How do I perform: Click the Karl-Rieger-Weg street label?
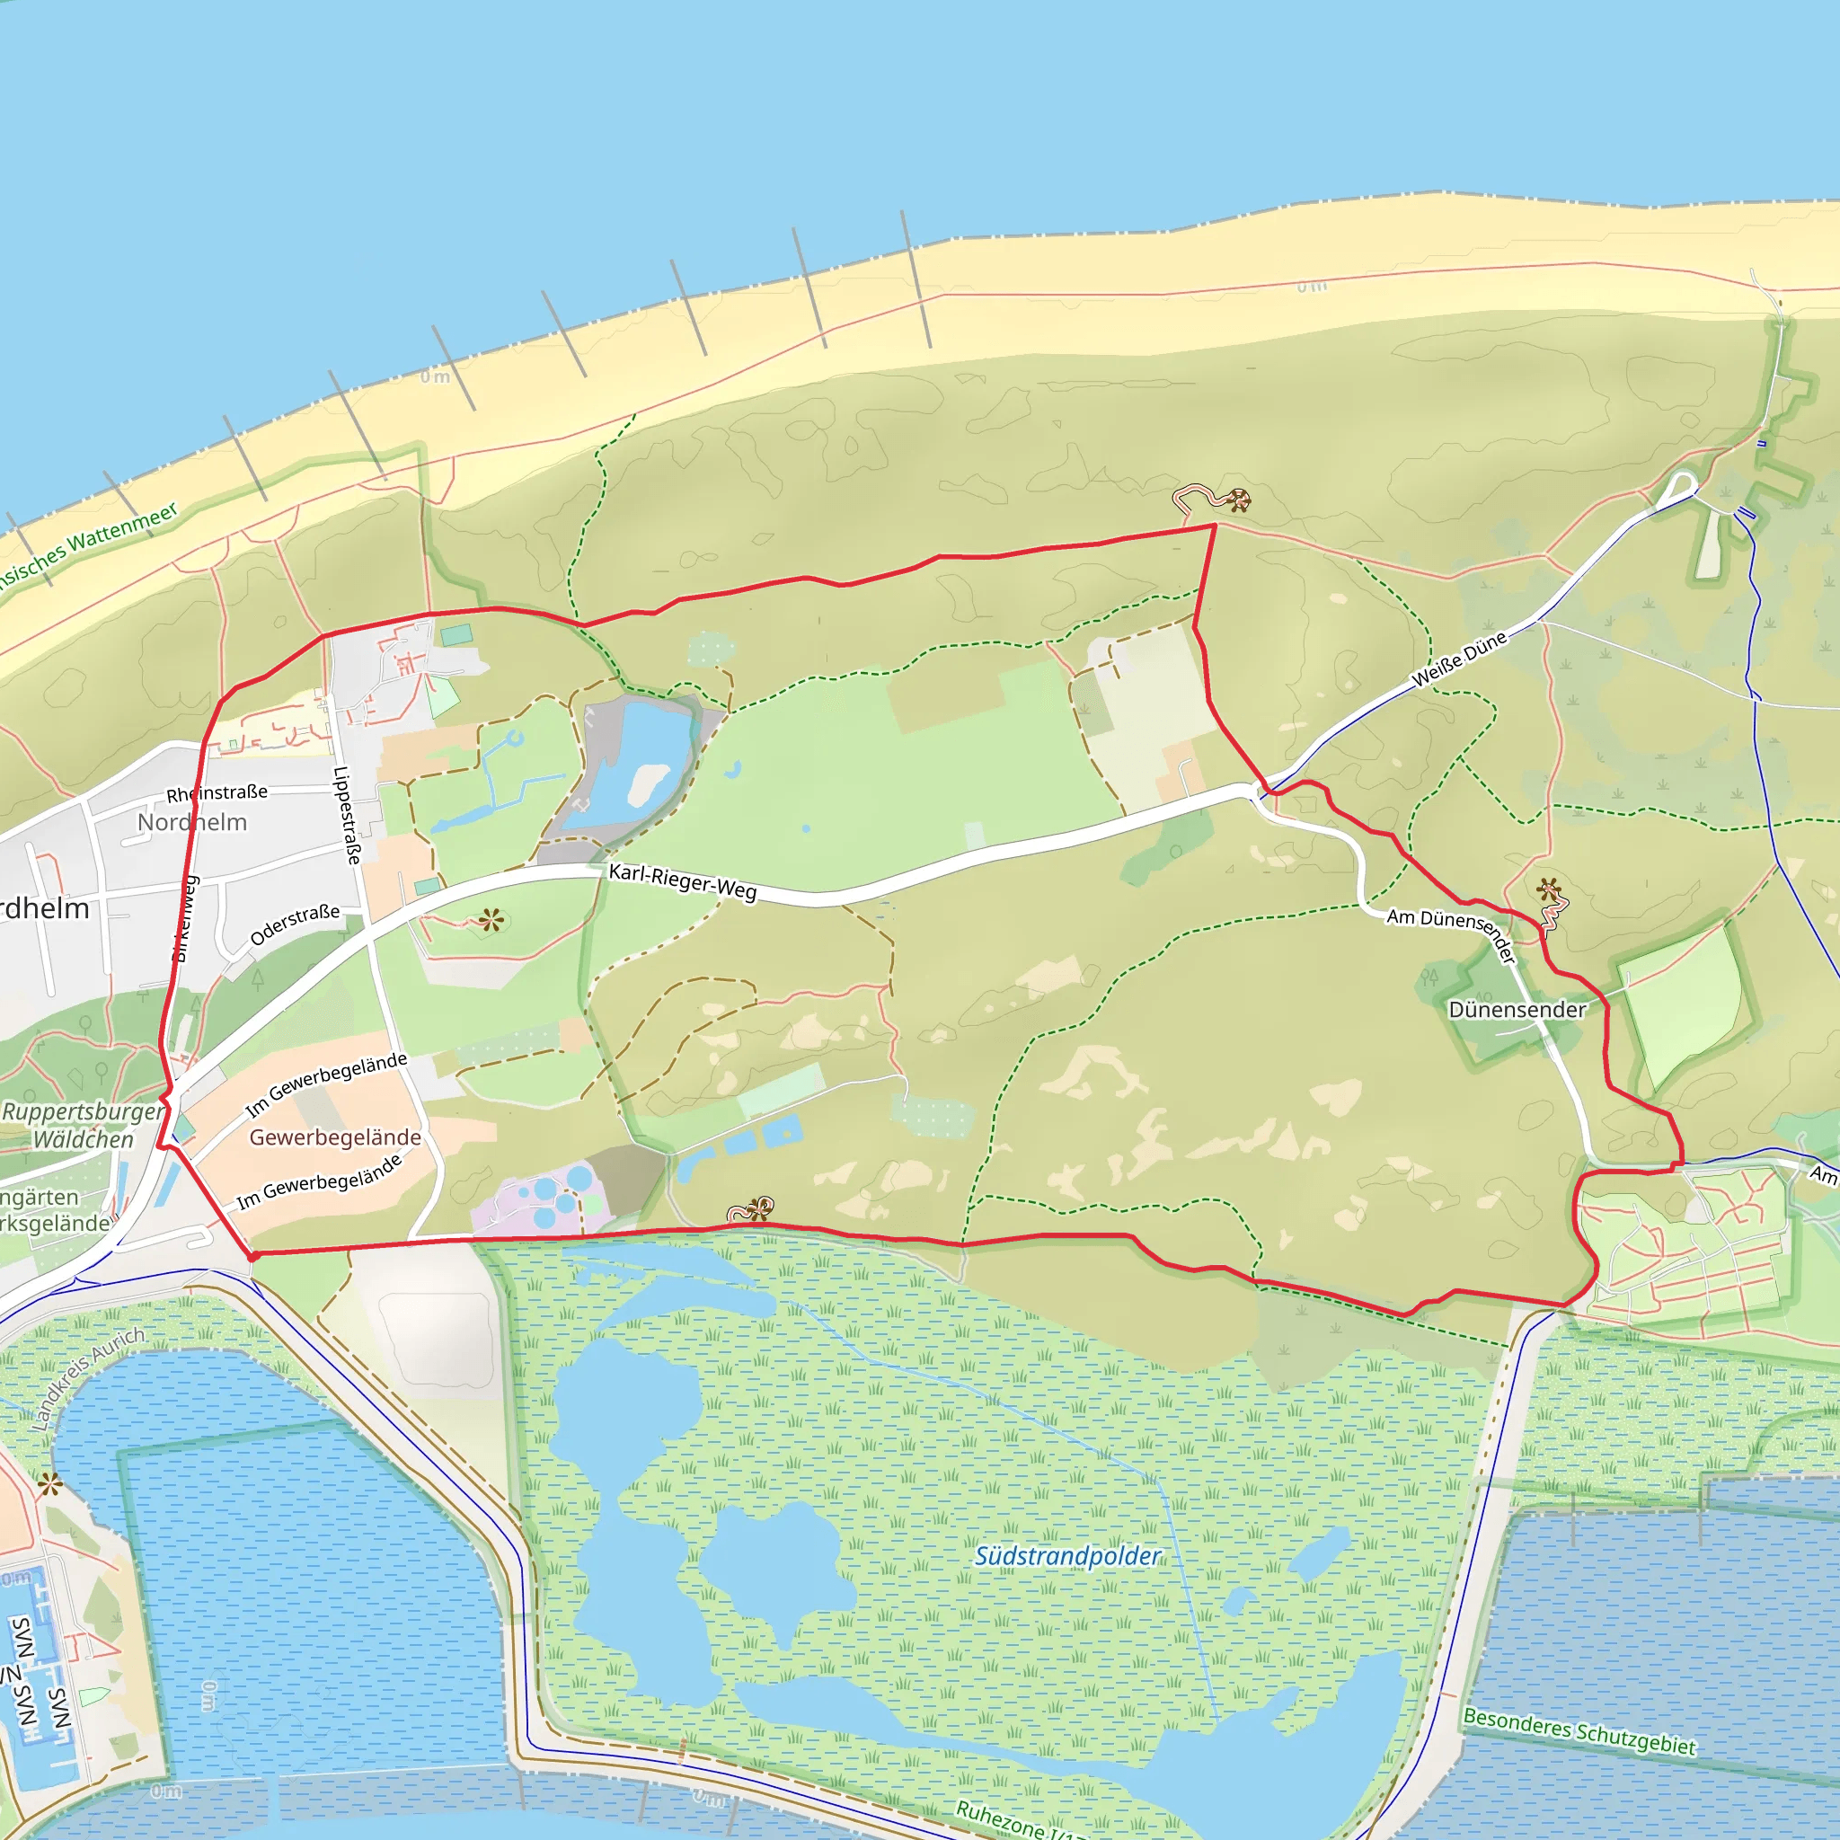[682, 882]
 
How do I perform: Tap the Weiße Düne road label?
[1459, 658]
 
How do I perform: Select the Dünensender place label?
[1517, 1010]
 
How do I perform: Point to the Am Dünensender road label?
[1452, 933]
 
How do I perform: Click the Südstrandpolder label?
[1067, 1556]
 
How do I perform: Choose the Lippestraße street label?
[347, 815]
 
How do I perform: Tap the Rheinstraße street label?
[217, 792]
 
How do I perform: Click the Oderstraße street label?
[295, 924]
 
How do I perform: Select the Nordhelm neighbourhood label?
[192, 822]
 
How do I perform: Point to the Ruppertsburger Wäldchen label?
[84, 1125]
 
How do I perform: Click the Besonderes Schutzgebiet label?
[1579, 1731]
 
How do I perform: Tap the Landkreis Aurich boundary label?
[88, 1378]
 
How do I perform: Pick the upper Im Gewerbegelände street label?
[326, 1084]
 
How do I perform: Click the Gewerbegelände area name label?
[335, 1137]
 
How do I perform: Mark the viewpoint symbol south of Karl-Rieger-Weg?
[491, 920]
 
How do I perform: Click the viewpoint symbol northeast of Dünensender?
[1549, 890]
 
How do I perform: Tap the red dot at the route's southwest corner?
[252, 1257]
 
